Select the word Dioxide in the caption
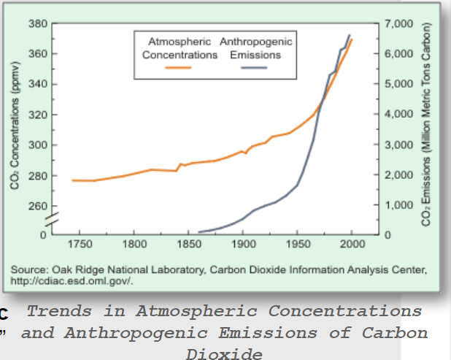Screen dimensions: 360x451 tap(224, 353)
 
